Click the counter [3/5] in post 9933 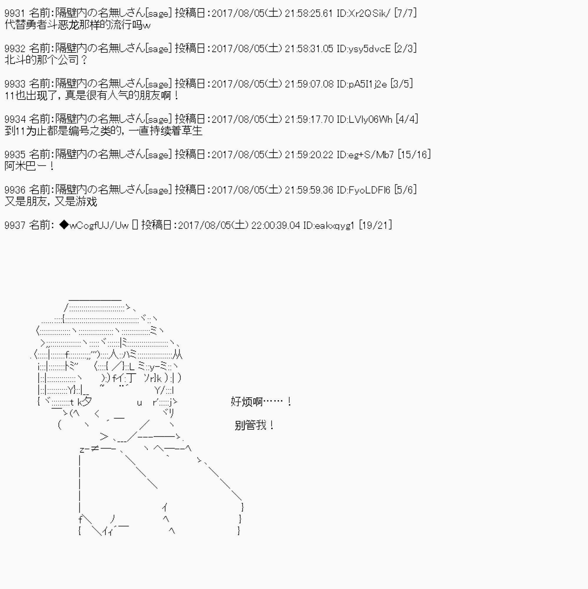tap(401, 84)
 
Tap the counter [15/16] tap(414, 155)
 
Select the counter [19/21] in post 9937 tap(375, 225)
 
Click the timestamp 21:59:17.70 tap(309, 119)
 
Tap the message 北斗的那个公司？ tap(46, 60)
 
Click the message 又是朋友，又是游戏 tap(51, 201)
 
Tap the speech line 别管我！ tap(255, 425)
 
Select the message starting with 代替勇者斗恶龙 tap(78, 25)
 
